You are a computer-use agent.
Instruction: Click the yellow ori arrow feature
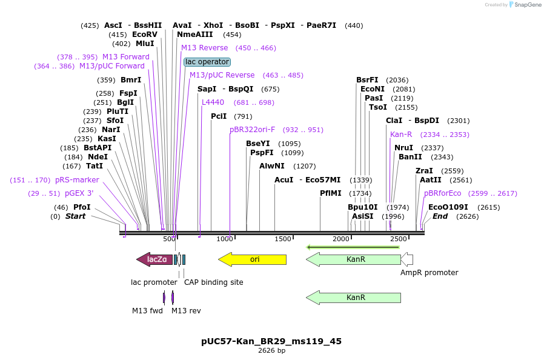click(252, 259)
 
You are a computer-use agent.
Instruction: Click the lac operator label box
click(207, 62)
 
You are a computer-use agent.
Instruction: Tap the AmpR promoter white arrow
click(407, 259)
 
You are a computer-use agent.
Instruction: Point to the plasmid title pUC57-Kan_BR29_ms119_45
click(271, 341)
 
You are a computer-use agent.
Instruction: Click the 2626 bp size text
click(271, 351)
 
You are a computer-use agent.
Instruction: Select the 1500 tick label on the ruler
click(283, 239)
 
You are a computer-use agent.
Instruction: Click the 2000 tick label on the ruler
click(341, 239)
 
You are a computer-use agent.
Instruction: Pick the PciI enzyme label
click(219, 116)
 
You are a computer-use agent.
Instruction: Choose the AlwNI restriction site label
click(271, 166)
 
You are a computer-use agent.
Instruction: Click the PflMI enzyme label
click(331, 193)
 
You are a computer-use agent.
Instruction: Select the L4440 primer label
click(213, 102)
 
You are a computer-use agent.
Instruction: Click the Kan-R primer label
click(401, 135)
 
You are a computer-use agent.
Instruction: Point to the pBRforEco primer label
click(442, 193)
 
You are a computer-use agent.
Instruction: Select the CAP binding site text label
click(213, 282)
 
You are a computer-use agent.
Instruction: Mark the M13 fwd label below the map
click(147, 311)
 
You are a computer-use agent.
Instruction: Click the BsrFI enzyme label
click(367, 80)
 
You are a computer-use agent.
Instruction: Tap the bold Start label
click(75, 216)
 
